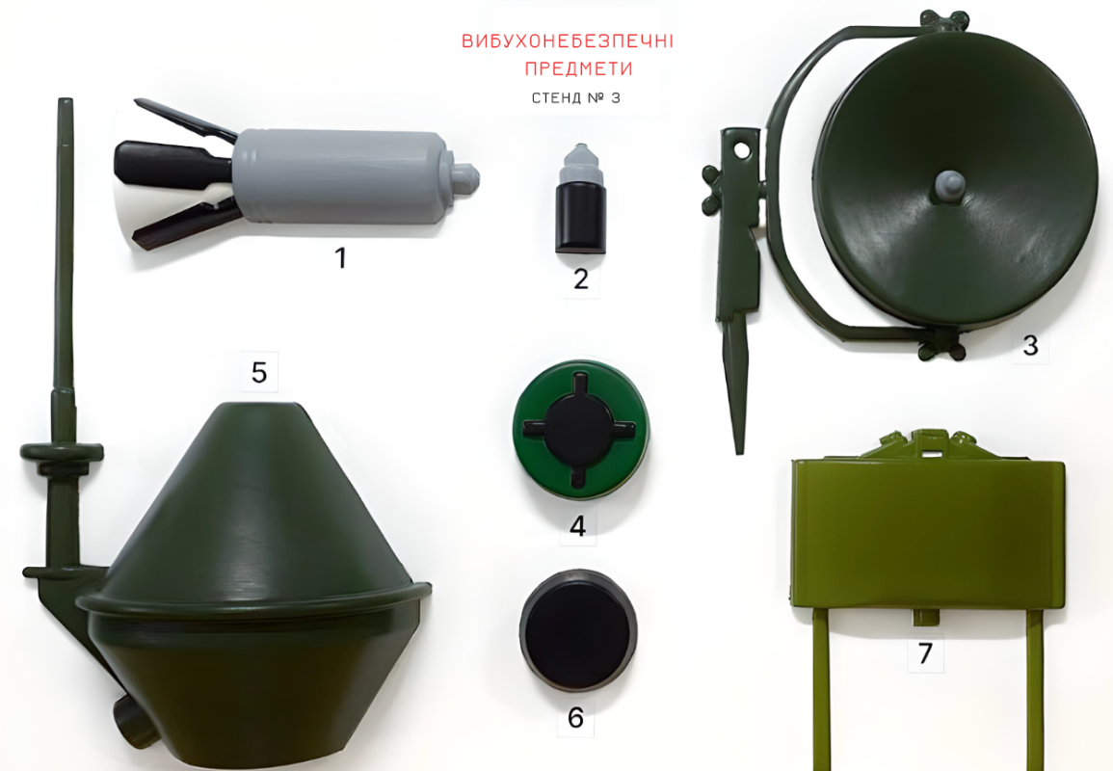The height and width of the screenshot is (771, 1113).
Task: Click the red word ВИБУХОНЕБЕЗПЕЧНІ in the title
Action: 568,40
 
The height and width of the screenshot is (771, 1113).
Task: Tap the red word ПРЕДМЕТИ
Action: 578,68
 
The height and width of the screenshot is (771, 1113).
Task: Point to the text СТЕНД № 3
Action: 575,98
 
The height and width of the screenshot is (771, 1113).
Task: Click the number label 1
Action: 341,257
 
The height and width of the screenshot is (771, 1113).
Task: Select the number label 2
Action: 581,279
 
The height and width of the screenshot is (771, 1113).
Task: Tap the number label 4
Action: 578,526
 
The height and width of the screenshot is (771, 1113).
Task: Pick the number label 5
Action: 259,372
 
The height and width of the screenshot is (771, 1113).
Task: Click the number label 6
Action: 575,718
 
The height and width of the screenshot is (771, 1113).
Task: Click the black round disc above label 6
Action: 578,630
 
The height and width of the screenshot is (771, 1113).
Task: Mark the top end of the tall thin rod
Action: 66,101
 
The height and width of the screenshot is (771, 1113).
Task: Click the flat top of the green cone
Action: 257,406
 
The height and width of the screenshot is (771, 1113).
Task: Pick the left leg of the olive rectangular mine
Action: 822,689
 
